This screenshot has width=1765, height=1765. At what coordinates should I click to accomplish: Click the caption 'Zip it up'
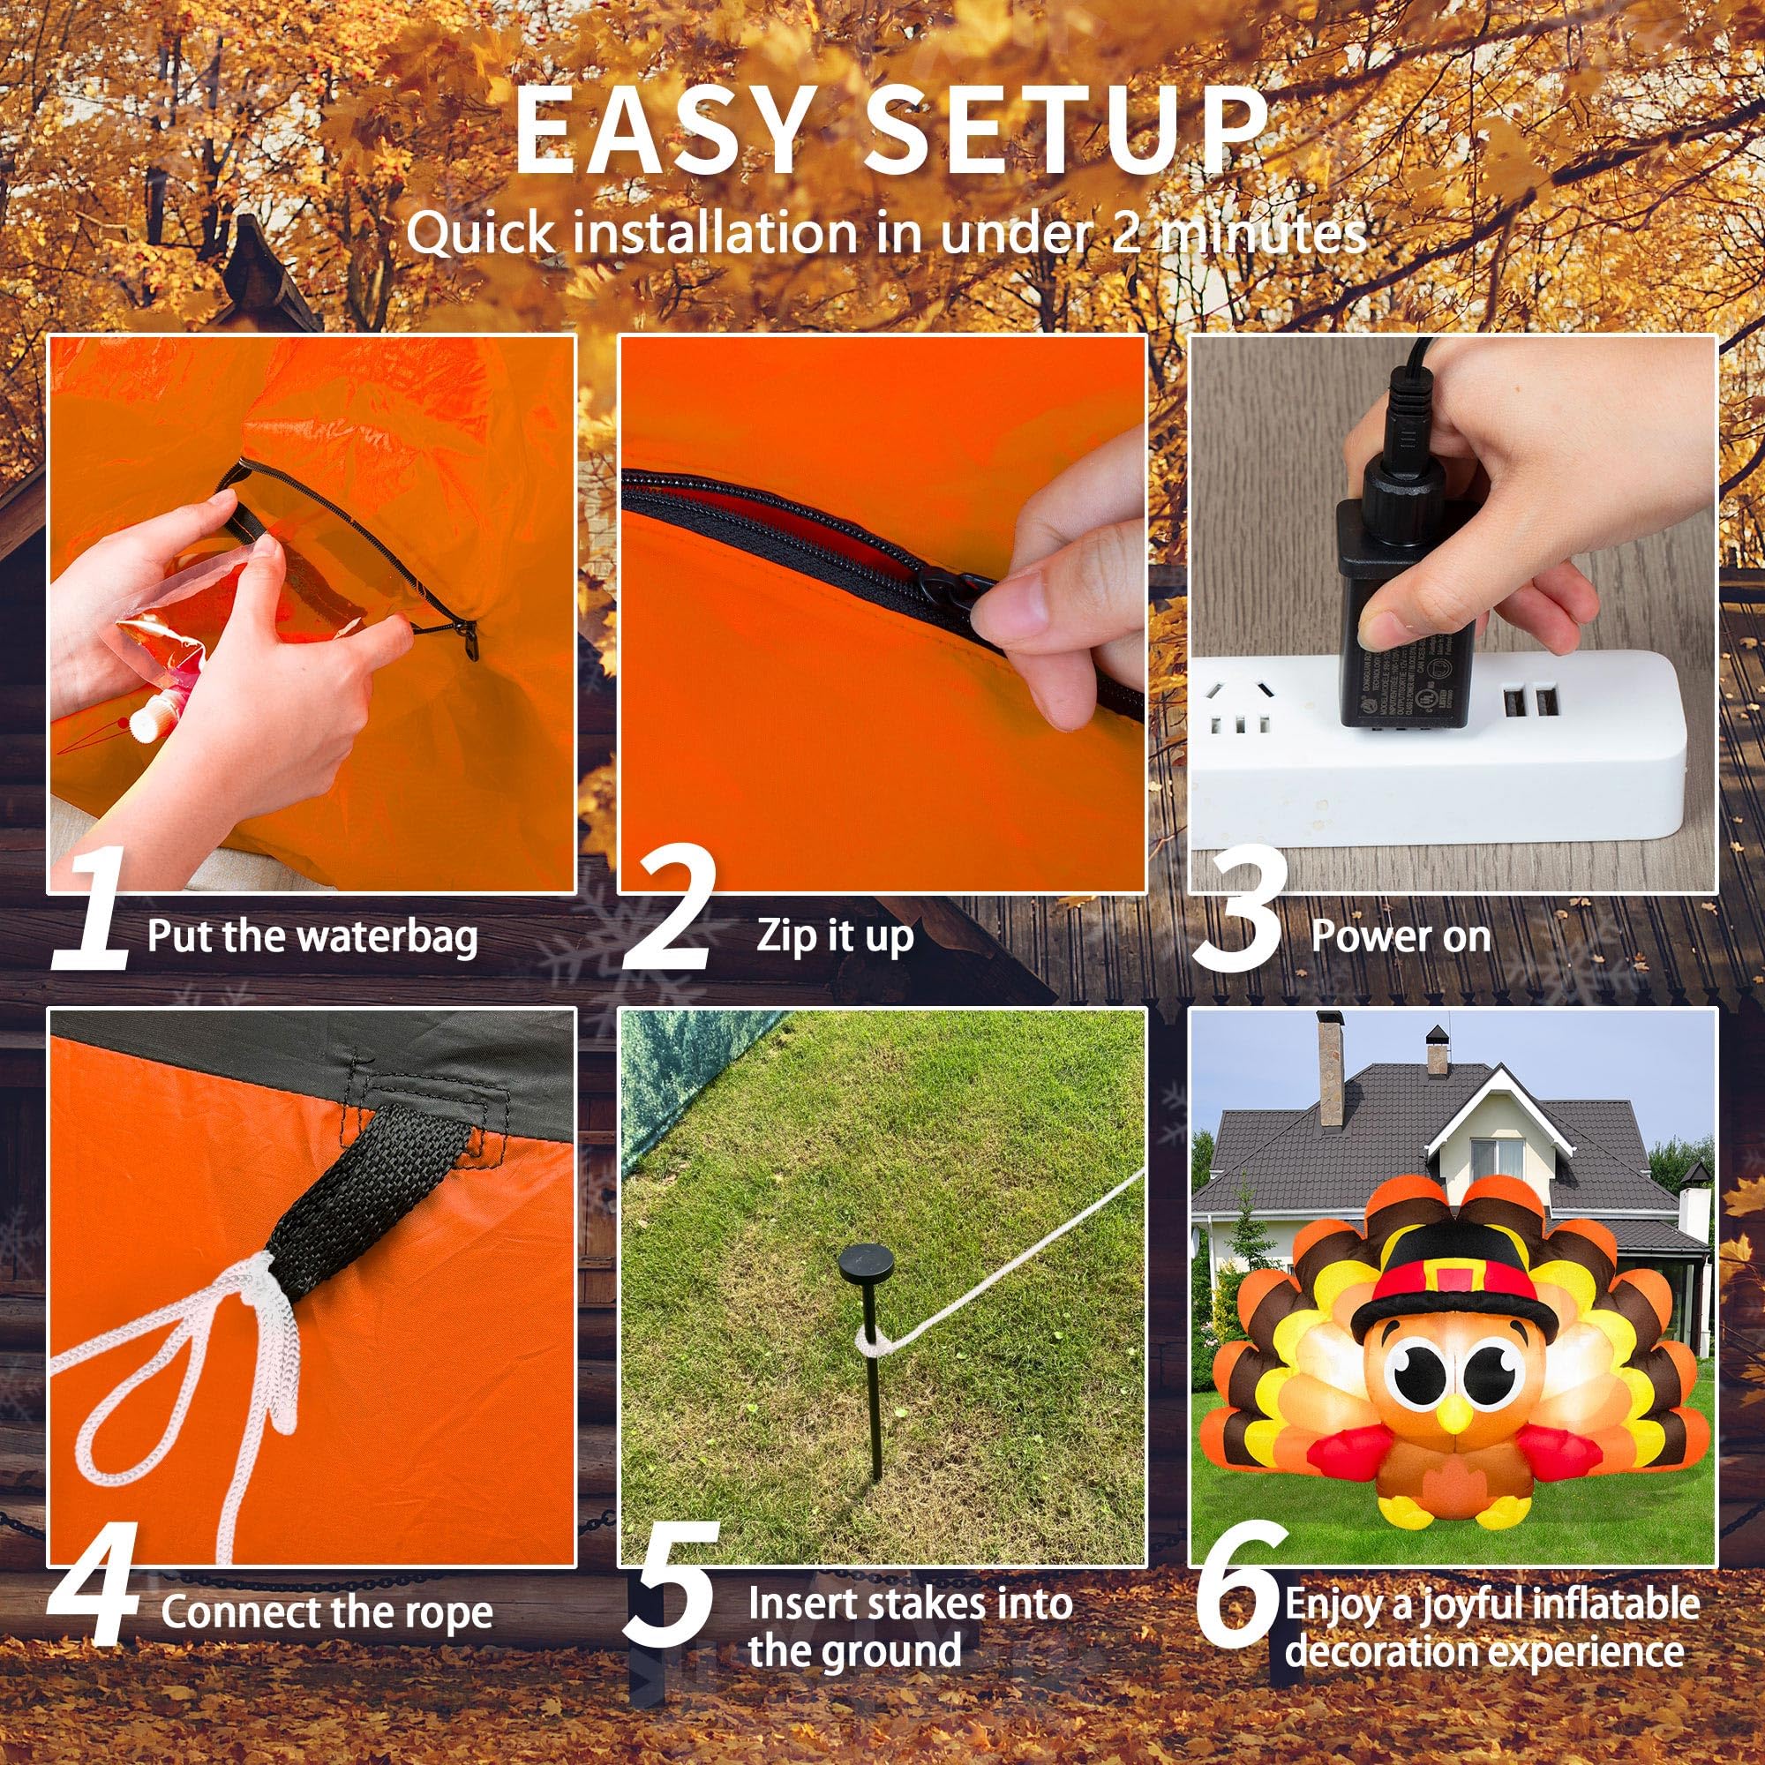[834, 935]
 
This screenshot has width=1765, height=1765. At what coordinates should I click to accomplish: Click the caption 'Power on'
[1401, 935]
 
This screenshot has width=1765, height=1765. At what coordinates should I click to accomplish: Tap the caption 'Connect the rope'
[327, 1612]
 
